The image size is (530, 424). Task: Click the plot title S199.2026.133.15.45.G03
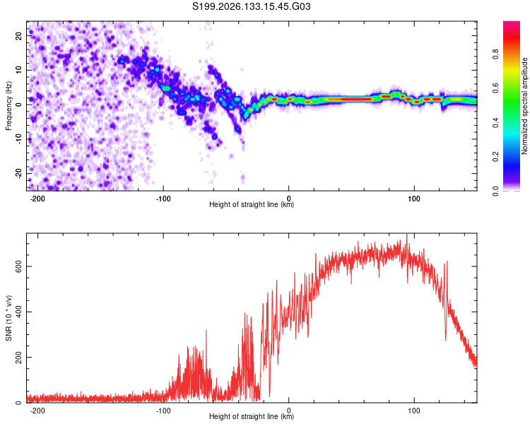251,6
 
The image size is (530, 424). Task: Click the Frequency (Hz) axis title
8,106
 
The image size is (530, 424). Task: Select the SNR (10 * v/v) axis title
8,318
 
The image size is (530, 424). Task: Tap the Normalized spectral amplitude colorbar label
524,106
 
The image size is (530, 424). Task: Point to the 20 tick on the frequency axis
18,35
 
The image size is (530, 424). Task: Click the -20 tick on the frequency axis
18,173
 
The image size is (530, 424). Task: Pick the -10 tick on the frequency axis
18,139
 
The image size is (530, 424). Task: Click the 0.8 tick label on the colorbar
495,54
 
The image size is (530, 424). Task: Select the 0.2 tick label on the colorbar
495,157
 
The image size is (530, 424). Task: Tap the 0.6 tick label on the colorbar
495,88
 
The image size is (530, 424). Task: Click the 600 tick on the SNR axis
18,266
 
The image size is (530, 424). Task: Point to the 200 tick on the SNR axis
18,357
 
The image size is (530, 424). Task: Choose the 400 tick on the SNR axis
18,312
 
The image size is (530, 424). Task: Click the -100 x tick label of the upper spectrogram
163,199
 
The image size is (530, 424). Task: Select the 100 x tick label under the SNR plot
413,411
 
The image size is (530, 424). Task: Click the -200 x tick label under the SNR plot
37,411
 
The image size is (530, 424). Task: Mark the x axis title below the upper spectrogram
252,204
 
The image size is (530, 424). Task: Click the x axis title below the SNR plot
252,416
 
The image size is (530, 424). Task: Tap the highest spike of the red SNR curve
406,235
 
